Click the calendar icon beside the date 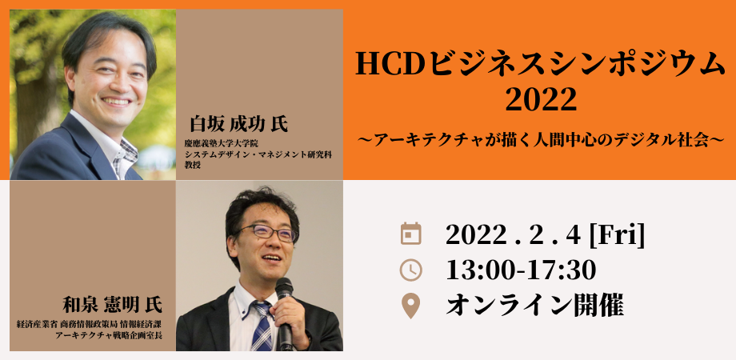(x=410, y=234)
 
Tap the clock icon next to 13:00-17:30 (x=410, y=270)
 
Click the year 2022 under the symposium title (x=541, y=99)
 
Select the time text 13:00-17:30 (x=521, y=270)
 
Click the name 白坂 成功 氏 (x=238, y=124)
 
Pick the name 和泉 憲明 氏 (x=112, y=306)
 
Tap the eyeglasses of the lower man (x=266, y=233)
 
